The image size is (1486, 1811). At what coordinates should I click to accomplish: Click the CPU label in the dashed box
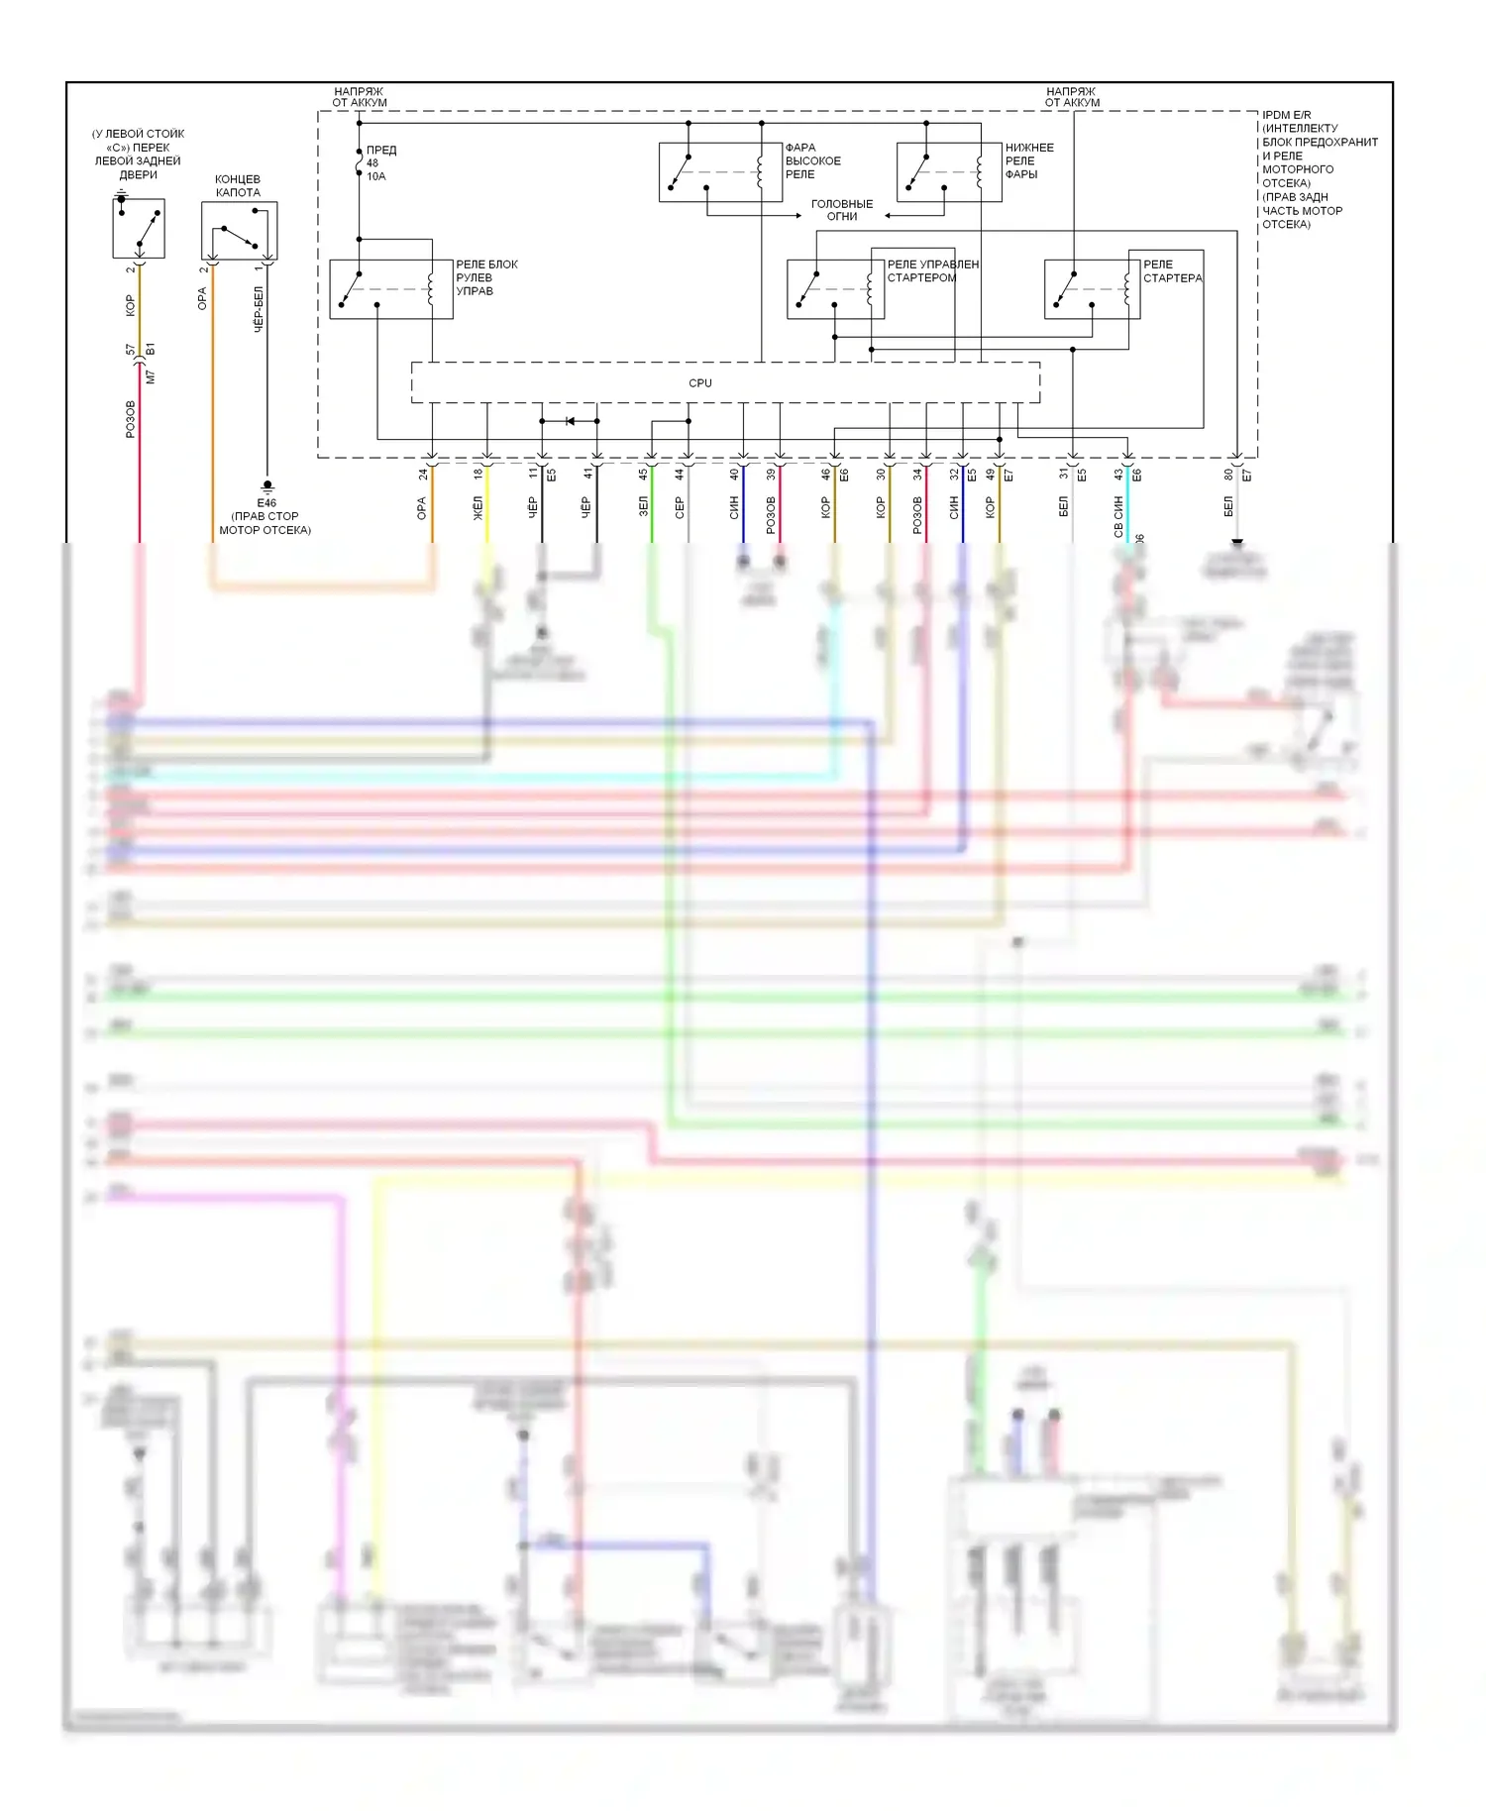point(699,383)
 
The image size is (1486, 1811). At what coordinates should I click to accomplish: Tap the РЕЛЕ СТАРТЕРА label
point(1172,271)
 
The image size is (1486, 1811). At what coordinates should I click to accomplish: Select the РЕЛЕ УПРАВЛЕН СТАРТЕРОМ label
point(932,271)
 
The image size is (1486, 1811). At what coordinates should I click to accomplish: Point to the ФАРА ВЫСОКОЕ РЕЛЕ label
point(812,161)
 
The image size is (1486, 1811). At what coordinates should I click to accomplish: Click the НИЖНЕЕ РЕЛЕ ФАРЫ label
point(1028,161)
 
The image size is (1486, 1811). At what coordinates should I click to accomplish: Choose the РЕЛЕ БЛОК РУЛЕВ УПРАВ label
point(485,278)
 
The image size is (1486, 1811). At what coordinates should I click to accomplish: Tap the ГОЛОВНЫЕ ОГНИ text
point(841,210)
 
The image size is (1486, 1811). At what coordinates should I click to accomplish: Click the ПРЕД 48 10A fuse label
point(379,163)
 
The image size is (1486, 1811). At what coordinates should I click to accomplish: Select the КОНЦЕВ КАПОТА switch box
point(239,231)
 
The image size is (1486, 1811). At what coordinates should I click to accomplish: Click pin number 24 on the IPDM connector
point(424,475)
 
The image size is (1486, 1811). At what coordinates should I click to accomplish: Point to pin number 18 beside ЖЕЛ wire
point(478,475)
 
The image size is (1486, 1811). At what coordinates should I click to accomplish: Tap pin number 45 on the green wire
point(643,475)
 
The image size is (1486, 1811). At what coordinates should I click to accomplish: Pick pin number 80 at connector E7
point(1228,475)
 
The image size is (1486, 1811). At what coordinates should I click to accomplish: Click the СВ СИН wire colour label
point(1118,517)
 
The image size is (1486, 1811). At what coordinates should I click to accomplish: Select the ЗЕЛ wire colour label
point(643,507)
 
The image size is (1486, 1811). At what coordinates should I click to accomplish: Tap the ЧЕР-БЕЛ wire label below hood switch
point(259,309)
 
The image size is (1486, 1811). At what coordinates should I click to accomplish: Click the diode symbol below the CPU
point(570,421)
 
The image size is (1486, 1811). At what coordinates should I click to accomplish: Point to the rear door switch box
point(138,228)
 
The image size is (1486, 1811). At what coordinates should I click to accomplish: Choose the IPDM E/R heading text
point(1286,115)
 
